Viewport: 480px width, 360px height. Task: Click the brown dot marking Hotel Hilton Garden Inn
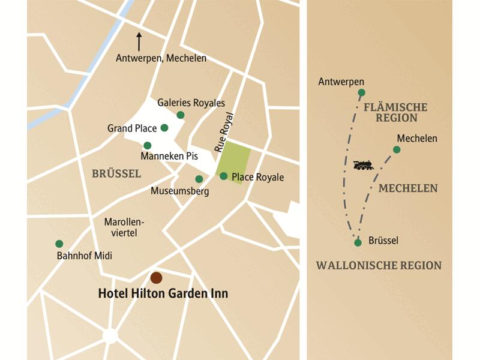pos(156,277)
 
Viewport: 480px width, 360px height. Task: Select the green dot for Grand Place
pos(164,128)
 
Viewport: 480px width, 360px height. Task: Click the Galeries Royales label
pos(191,103)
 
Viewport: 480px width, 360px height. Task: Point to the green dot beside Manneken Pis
pos(147,145)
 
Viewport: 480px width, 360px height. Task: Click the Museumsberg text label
pos(179,192)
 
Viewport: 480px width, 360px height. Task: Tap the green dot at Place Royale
pos(223,176)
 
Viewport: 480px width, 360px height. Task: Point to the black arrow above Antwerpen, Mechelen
pos(139,41)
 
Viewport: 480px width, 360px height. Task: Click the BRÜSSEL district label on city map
pos(116,174)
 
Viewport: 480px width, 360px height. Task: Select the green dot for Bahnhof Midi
pos(59,244)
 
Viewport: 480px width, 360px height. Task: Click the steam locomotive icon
pos(363,165)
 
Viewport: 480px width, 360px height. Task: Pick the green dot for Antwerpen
pos(361,92)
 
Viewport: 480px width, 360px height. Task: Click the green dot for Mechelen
pos(396,149)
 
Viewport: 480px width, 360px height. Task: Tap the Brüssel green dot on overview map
pos(358,242)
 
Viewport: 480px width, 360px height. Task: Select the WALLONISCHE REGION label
pos(379,265)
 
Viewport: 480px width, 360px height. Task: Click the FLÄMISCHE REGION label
pos(395,112)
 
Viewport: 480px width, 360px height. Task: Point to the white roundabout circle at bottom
pos(110,335)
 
